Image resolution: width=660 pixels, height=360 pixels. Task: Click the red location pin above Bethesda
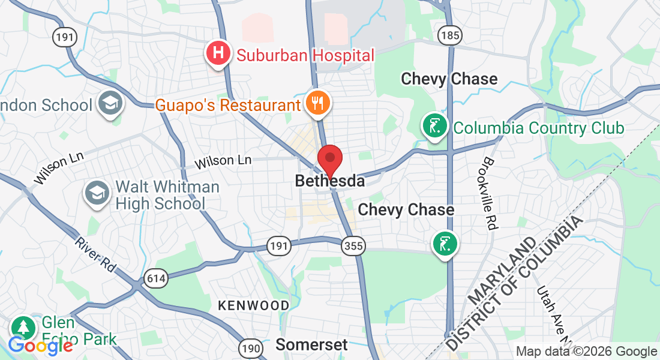pos(329,158)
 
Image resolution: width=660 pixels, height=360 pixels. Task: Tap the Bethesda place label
pos(329,181)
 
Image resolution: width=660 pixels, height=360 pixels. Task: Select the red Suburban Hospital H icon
pos(219,53)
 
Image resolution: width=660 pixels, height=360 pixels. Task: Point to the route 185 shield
pos(449,35)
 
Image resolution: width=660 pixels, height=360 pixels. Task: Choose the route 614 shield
pos(155,278)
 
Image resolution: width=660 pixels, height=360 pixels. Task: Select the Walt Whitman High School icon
pos(97,193)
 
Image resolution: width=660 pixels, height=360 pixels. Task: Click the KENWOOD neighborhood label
pos(253,305)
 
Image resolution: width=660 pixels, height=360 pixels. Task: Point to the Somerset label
pos(311,344)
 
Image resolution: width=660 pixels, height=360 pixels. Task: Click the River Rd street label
pos(95,255)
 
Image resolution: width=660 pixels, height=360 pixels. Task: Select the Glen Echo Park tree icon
pos(23,327)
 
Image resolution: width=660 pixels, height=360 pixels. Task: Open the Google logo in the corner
pos(40,346)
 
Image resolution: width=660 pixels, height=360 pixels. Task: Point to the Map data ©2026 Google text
pos(586,352)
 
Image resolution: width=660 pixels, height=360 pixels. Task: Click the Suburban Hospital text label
pos(305,56)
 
